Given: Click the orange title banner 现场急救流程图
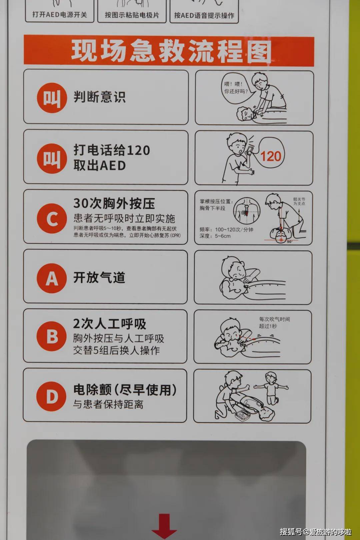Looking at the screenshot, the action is [x=169, y=51].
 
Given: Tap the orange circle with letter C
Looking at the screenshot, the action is [x=52, y=218].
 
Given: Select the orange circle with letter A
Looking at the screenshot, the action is [x=52, y=278].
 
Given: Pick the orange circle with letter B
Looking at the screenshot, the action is [x=52, y=336].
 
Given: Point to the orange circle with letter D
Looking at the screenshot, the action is [x=51, y=396].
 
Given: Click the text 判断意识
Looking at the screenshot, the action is [x=99, y=97].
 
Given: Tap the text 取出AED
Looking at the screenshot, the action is [x=100, y=166].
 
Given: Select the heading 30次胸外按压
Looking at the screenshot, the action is [x=114, y=203].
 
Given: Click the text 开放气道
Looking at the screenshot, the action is [x=99, y=277].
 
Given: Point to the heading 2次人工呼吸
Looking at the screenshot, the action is [x=109, y=324].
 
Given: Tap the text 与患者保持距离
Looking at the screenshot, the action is [x=108, y=404].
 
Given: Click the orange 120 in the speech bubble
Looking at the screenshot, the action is [x=271, y=156].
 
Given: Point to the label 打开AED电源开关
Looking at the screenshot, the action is [x=60, y=15].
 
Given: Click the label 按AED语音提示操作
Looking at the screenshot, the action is [x=204, y=15].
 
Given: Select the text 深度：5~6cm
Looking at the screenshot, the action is [x=215, y=236].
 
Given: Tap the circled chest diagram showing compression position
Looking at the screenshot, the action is [x=246, y=211].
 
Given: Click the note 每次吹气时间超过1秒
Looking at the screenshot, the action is [x=274, y=323].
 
